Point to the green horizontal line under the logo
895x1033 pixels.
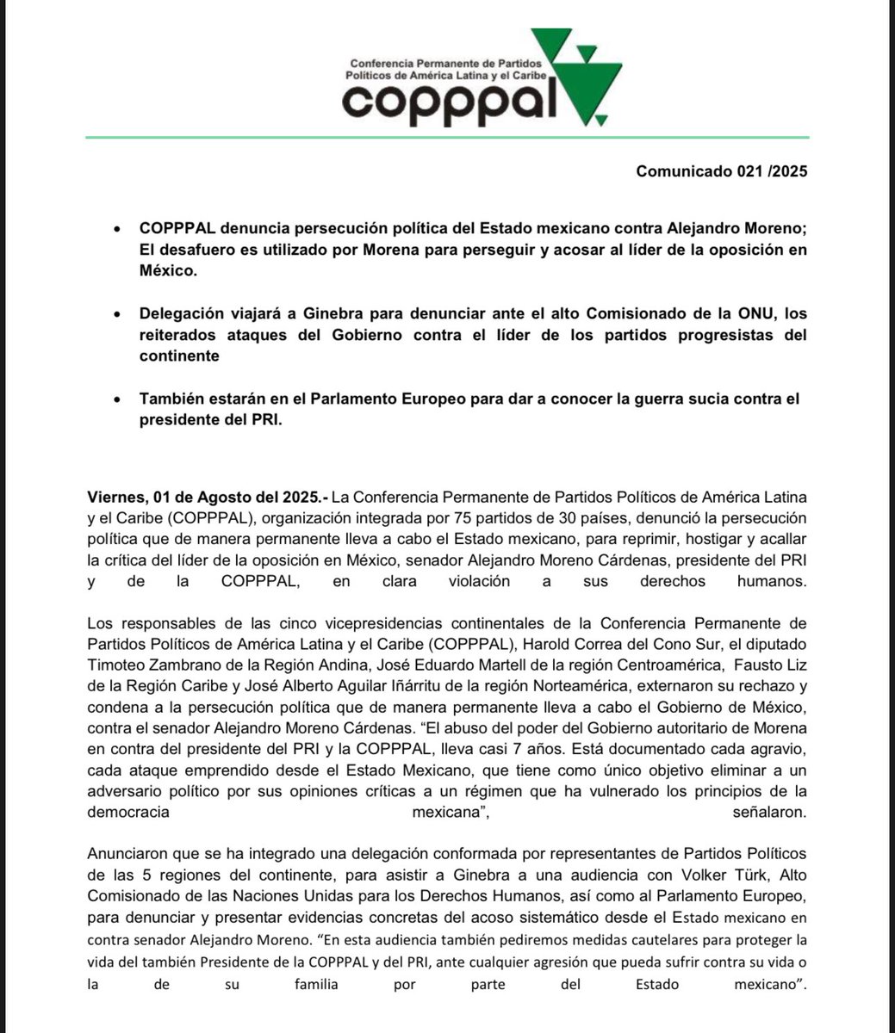(x=447, y=137)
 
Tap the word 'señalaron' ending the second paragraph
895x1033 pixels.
(x=768, y=811)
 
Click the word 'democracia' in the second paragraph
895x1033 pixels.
(x=128, y=811)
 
